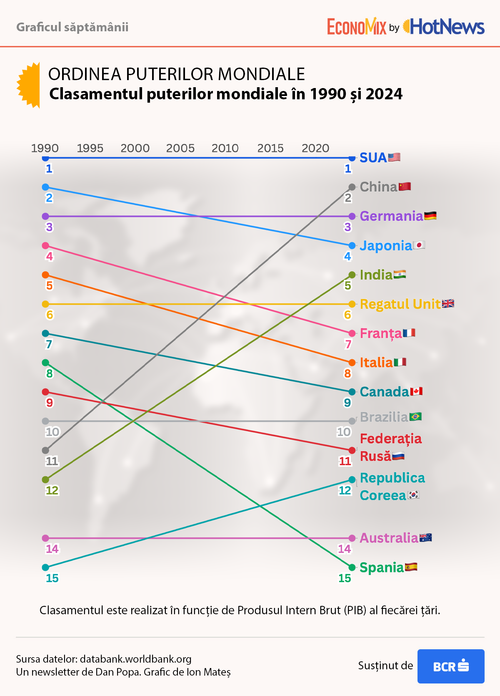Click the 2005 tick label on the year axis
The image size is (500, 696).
tap(180, 148)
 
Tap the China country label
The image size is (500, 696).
tap(378, 187)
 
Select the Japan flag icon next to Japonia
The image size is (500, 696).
tap(419, 245)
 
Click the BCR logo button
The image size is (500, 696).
tap(451, 666)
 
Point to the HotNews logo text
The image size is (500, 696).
tap(447, 27)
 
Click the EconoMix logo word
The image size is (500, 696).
tap(357, 27)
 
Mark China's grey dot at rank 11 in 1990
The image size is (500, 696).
tap(45, 450)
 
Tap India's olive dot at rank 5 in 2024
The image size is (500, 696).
tap(352, 275)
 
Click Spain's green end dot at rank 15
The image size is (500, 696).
tap(352, 567)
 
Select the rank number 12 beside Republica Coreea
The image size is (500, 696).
tap(345, 490)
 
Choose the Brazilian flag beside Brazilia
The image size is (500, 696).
tap(415, 417)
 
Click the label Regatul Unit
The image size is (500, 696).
tap(400, 304)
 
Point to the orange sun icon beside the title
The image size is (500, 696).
tap(29, 85)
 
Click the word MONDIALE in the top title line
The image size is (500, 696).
tap(261, 74)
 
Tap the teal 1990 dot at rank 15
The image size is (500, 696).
tap(45, 567)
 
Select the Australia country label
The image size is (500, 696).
tap(389, 538)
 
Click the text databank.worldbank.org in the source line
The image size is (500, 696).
tap(135, 659)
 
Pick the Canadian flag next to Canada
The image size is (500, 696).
tap(416, 391)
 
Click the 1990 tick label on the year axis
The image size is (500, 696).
tap(45, 148)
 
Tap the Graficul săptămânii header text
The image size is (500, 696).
tap(72, 27)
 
